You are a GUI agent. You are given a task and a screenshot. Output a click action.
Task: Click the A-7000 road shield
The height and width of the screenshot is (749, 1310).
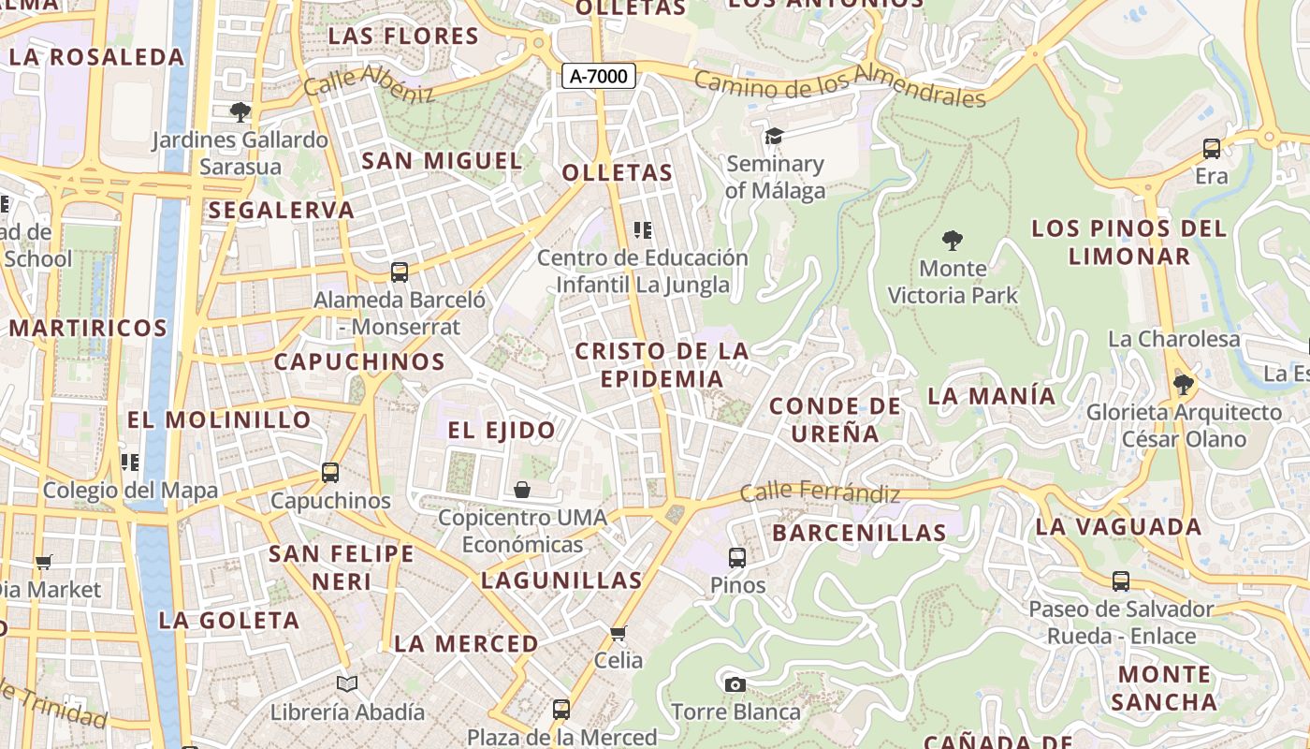click(599, 77)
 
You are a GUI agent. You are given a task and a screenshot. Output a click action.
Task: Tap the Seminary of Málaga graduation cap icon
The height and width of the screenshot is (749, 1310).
click(774, 138)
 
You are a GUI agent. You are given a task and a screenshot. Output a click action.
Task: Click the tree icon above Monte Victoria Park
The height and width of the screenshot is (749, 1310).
click(953, 241)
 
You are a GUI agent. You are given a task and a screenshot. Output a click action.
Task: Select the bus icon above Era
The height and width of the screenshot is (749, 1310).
click(1211, 148)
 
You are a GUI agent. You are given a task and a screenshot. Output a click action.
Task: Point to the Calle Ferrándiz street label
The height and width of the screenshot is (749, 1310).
click(820, 492)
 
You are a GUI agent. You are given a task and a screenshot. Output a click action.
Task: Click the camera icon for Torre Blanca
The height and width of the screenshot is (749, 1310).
click(735, 684)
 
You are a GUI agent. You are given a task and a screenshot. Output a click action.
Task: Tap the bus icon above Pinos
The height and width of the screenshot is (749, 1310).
click(737, 558)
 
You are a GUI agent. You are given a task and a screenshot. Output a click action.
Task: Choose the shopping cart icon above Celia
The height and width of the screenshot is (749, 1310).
click(618, 634)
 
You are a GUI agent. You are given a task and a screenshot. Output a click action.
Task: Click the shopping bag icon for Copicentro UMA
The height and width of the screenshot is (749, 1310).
click(522, 490)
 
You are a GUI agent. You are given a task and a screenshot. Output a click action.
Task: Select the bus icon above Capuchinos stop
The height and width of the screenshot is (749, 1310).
click(329, 473)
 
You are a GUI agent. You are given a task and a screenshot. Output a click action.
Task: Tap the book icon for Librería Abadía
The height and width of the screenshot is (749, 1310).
click(347, 684)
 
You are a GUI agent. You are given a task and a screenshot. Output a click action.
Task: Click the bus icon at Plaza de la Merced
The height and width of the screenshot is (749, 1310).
click(561, 710)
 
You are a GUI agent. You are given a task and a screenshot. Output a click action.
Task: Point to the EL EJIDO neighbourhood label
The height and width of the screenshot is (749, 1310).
click(502, 431)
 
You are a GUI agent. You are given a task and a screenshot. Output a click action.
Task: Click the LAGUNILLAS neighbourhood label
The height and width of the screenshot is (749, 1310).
click(561, 580)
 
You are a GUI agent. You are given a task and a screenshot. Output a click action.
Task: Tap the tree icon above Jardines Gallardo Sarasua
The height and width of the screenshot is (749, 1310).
click(240, 112)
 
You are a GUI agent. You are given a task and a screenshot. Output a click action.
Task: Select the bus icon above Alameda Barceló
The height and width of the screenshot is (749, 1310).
click(400, 272)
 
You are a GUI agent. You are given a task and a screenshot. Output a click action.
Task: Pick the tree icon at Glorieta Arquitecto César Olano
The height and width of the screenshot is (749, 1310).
click(1184, 384)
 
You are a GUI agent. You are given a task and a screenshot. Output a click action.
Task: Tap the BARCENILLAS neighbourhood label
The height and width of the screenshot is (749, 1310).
click(859, 533)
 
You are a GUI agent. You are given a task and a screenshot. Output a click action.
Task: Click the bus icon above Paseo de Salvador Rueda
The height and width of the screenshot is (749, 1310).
click(1120, 581)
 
